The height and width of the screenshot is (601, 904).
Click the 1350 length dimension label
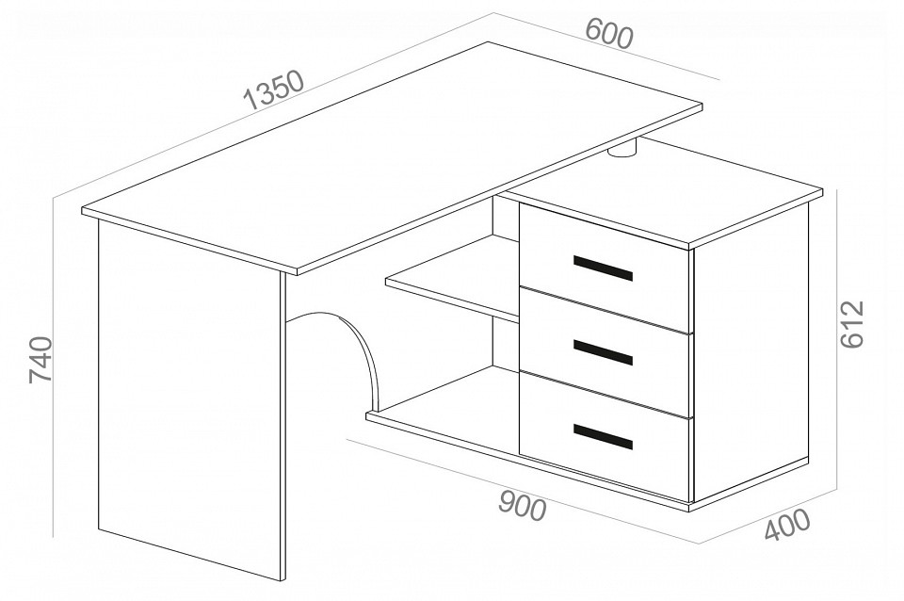273,90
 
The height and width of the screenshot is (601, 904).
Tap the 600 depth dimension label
609,34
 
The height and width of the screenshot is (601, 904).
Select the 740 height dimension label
40,360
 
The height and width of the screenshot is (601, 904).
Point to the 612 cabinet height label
852,324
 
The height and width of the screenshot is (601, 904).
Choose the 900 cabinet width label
523,506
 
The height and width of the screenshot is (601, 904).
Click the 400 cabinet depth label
787,526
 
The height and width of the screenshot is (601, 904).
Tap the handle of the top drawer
603,268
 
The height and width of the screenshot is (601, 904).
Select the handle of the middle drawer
603,352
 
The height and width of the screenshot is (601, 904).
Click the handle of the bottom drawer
603,436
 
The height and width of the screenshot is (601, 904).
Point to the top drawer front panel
605,268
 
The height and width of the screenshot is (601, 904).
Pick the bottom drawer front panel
605,436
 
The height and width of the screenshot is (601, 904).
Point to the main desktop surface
392,155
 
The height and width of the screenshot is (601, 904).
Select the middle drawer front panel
605,352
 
